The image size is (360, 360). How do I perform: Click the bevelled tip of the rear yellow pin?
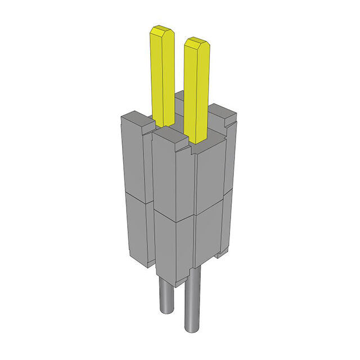click(x=160, y=30)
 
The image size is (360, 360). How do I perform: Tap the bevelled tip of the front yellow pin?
click(x=196, y=42)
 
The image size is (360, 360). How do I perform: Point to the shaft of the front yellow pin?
click(x=197, y=90)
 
